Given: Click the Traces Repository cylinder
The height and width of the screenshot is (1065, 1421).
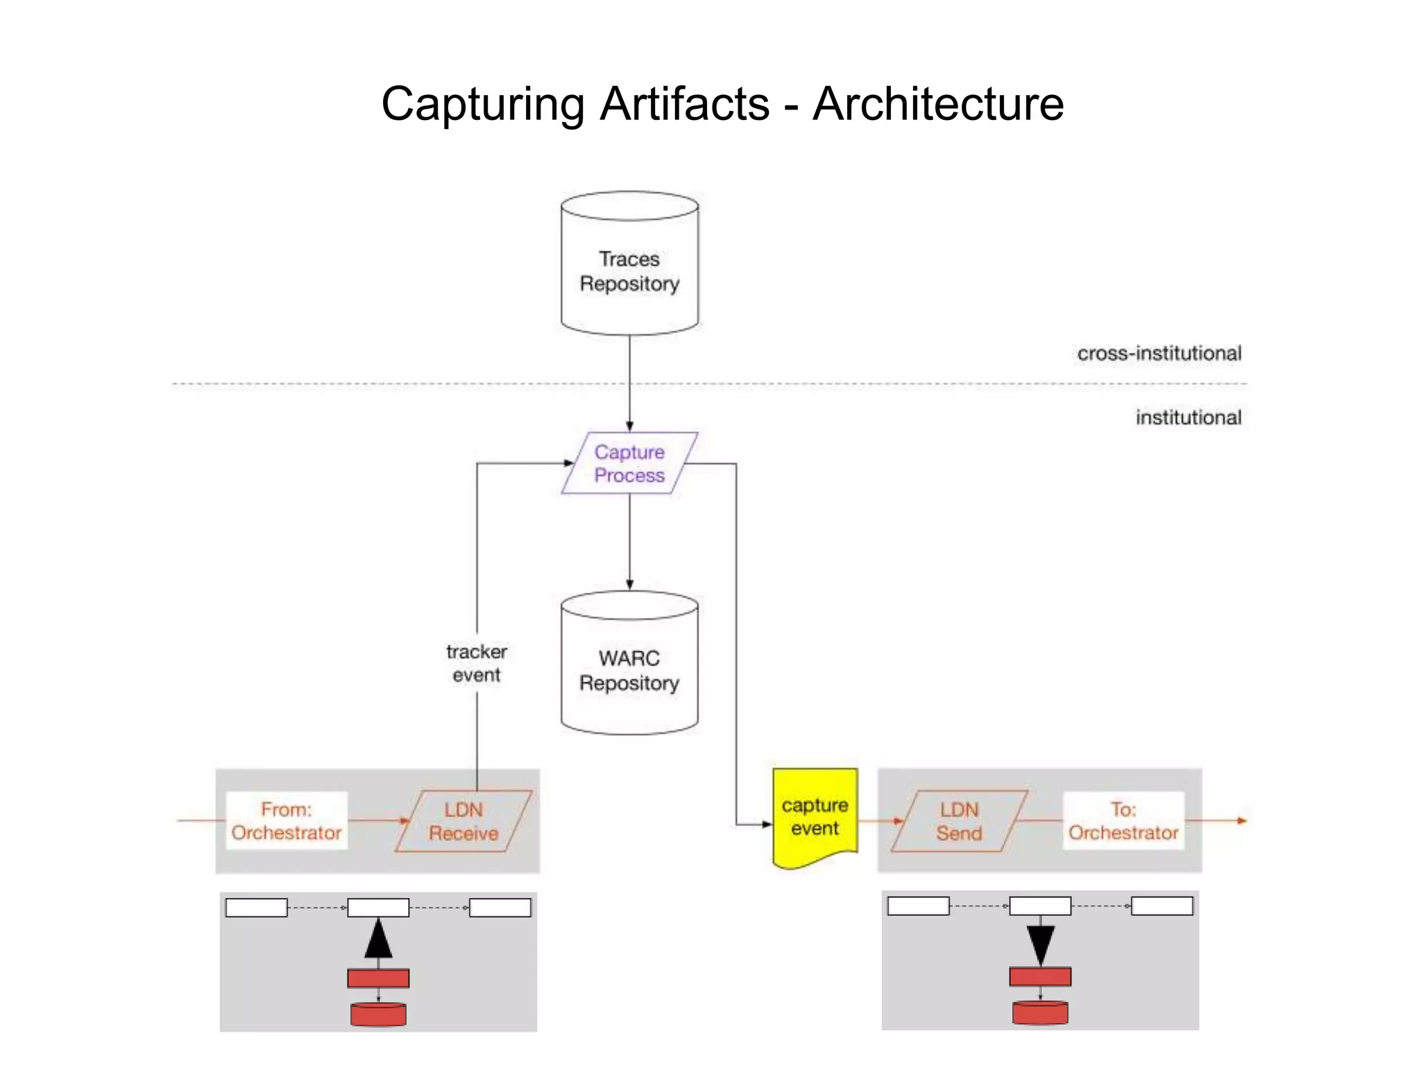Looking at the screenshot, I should (x=629, y=270).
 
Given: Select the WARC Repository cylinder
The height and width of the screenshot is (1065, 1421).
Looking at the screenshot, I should (x=629, y=670).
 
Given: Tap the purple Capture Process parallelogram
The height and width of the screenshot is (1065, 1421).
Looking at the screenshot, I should (x=629, y=463).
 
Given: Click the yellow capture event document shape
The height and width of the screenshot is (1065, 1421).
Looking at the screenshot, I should (x=815, y=817).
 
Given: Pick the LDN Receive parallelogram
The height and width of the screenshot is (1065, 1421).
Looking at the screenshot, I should (x=463, y=821).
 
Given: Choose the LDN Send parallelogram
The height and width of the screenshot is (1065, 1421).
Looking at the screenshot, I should (x=959, y=821).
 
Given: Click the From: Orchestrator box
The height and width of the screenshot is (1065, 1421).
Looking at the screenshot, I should (x=287, y=821).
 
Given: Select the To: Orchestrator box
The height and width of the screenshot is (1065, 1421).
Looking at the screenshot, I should (x=1123, y=821).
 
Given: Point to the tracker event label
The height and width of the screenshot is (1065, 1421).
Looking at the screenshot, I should (x=477, y=663).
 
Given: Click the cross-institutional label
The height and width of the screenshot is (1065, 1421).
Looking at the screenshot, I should (x=1159, y=354).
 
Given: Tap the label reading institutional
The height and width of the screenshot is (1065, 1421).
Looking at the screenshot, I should (x=1188, y=417).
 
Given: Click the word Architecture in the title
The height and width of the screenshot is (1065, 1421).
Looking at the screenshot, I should (x=938, y=104).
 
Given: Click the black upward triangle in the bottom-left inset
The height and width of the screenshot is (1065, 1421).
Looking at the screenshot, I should (x=378, y=940).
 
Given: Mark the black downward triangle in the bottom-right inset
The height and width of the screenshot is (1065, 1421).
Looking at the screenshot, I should (x=1041, y=943).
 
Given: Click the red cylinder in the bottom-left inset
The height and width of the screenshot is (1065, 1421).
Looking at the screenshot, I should (x=378, y=1014).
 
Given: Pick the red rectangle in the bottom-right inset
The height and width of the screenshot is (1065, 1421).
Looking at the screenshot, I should (x=1040, y=977).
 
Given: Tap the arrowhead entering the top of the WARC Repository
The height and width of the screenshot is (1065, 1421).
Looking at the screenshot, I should (x=629, y=585).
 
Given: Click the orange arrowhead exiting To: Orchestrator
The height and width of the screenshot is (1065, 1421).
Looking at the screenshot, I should (x=1242, y=821).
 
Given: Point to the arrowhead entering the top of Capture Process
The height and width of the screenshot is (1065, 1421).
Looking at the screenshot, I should (x=629, y=426).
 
